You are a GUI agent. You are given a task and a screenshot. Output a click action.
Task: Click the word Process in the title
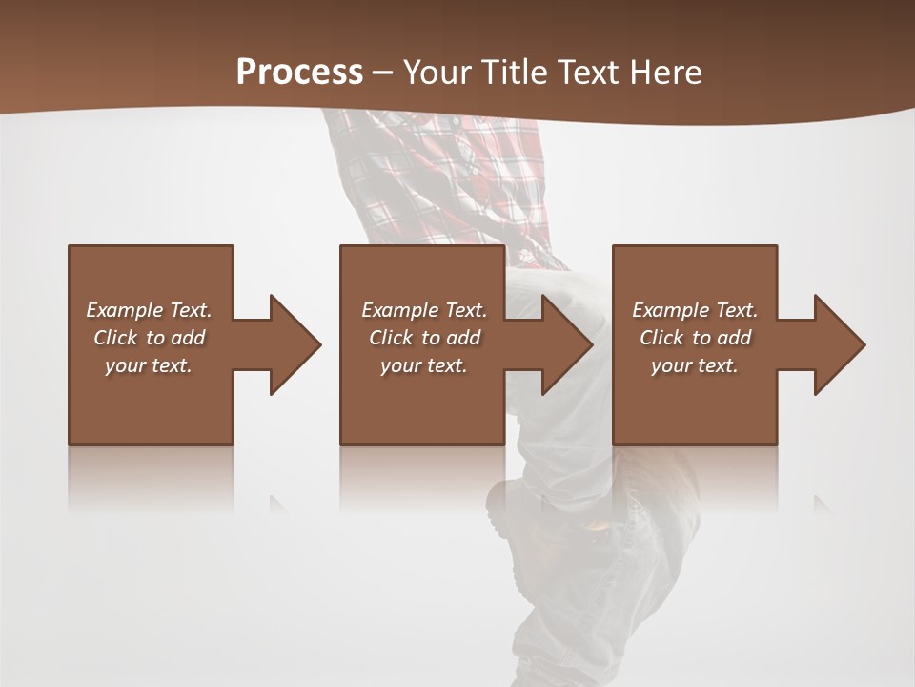tap(299, 73)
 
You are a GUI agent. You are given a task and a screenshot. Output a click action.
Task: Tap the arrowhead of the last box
tap(838, 344)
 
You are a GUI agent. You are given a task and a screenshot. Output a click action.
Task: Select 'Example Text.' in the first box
tap(149, 310)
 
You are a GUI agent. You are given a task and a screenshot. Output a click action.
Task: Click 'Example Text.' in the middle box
tap(423, 310)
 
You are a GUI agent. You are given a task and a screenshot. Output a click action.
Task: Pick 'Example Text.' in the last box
tap(695, 310)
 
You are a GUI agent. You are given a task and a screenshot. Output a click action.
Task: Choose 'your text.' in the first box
tap(149, 365)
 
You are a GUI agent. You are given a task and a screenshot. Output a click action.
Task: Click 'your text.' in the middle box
tap(423, 365)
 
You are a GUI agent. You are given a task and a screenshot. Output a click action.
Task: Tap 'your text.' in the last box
tap(695, 365)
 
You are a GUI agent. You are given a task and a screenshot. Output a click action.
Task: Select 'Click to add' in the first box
tap(149, 338)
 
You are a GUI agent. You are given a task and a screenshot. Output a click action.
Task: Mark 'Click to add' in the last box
tap(695, 338)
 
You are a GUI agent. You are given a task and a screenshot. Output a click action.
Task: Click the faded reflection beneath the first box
tap(151, 477)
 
